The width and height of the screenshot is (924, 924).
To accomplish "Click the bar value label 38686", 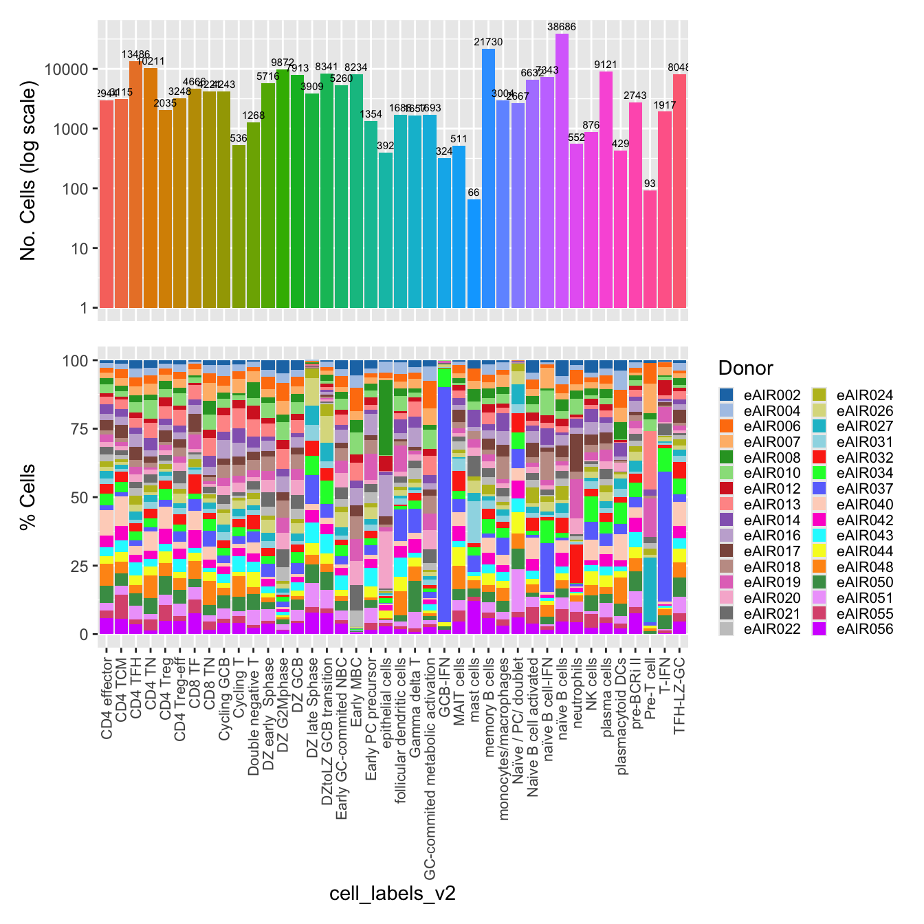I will point(562,27).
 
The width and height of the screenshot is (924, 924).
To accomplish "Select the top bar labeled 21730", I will point(488,179).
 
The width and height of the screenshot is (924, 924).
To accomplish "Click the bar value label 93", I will point(650,184).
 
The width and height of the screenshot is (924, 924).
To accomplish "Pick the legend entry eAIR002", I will point(760,395).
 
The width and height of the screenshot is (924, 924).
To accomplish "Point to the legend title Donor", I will point(745,368).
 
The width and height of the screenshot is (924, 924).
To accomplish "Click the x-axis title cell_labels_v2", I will point(393,894).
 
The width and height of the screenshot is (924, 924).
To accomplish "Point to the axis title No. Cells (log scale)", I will point(29,171).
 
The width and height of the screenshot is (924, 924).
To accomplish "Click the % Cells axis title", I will point(29,497).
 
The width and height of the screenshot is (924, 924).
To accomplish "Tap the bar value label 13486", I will point(135,54).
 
